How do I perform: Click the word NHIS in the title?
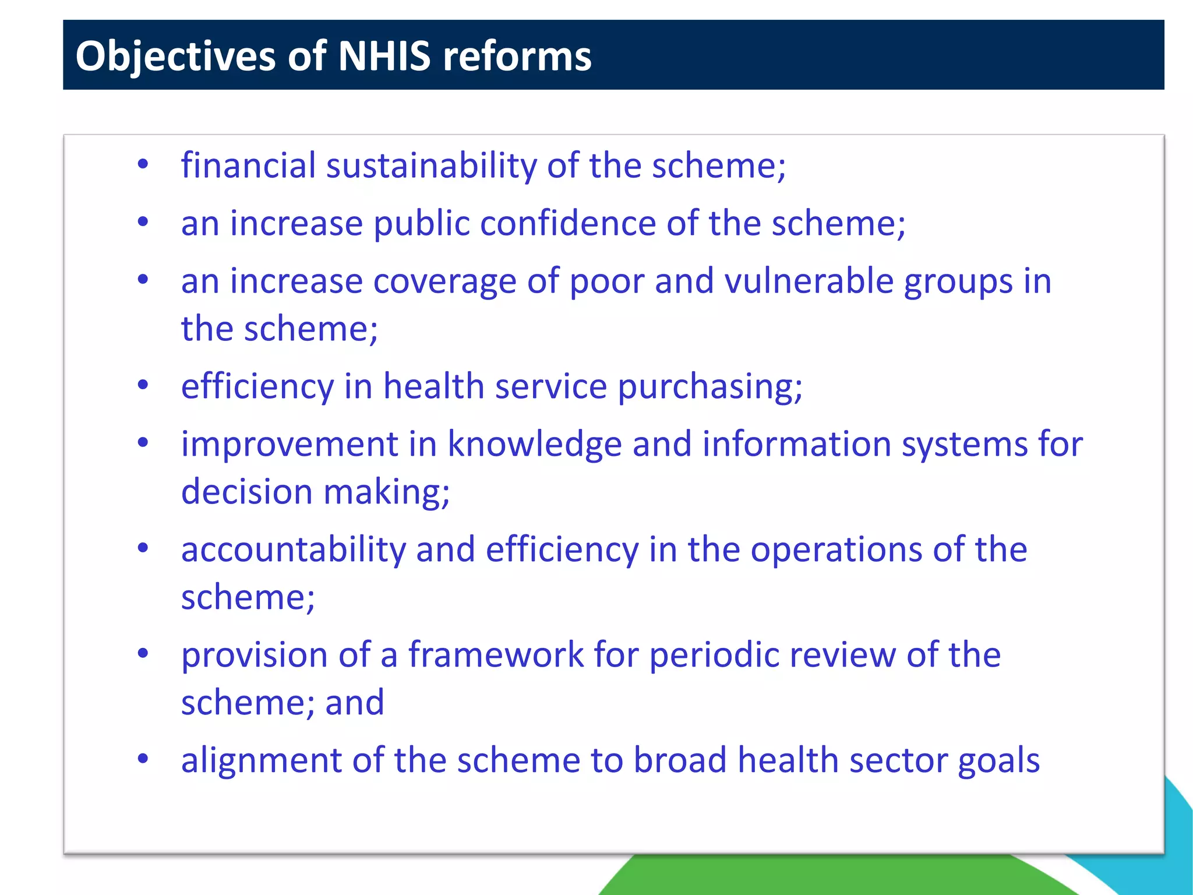point(384,57)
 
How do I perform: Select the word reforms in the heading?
point(517,57)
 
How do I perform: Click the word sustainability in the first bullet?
point(431,166)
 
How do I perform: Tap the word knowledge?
point(534,445)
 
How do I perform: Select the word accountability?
point(293,550)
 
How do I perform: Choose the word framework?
point(496,655)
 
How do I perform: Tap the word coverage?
point(444,281)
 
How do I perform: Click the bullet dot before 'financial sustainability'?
point(143,165)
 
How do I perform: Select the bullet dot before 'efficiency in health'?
point(143,385)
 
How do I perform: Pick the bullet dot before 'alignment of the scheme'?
point(143,759)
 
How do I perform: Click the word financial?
point(248,165)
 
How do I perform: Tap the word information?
point(796,445)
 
